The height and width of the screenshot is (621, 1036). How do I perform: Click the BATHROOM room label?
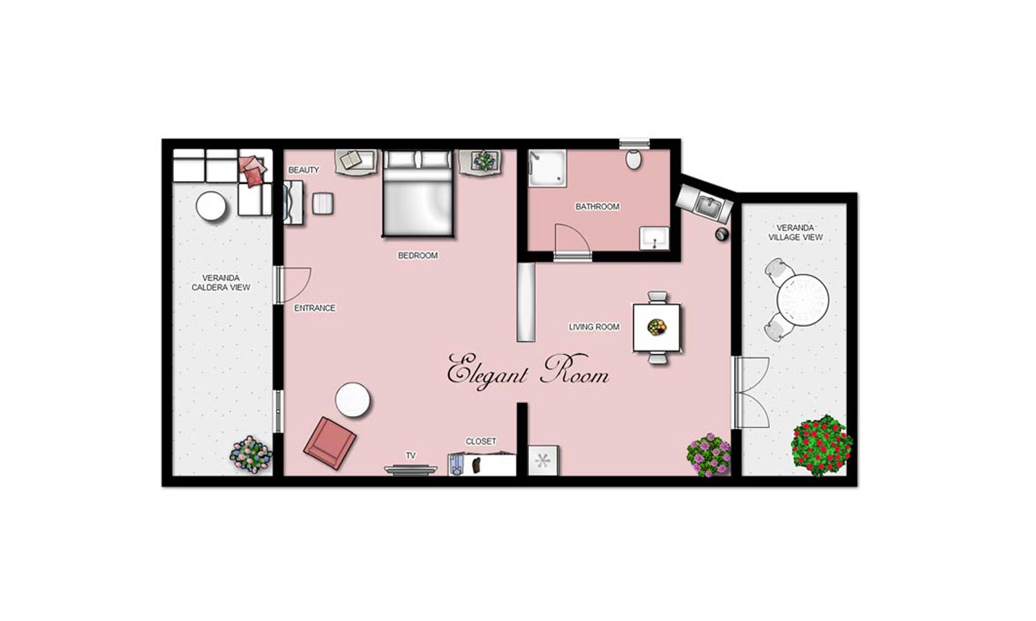click(x=597, y=206)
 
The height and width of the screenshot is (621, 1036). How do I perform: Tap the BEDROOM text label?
click(x=418, y=256)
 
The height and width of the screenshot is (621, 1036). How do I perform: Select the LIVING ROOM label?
click(x=594, y=327)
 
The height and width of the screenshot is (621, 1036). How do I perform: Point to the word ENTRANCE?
click(x=315, y=308)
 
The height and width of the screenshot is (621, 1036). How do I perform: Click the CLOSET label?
click(x=480, y=442)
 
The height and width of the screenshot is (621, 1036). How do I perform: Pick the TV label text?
click(x=411, y=455)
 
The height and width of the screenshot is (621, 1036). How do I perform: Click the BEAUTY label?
click(x=304, y=170)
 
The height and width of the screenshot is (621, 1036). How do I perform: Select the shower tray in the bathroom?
click(x=547, y=168)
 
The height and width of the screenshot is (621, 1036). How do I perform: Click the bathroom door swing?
click(x=572, y=240)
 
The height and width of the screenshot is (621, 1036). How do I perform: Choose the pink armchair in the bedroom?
click(x=330, y=442)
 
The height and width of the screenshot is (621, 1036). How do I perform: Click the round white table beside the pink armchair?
click(x=352, y=400)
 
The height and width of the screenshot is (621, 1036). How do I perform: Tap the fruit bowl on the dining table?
click(x=657, y=327)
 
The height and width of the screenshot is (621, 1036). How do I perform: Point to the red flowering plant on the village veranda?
click(x=822, y=446)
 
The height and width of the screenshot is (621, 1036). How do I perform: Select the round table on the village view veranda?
click(x=802, y=300)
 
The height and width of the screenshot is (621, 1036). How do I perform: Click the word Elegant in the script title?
click(x=486, y=372)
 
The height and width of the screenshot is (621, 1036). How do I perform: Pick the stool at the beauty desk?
click(x=322, y=203)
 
